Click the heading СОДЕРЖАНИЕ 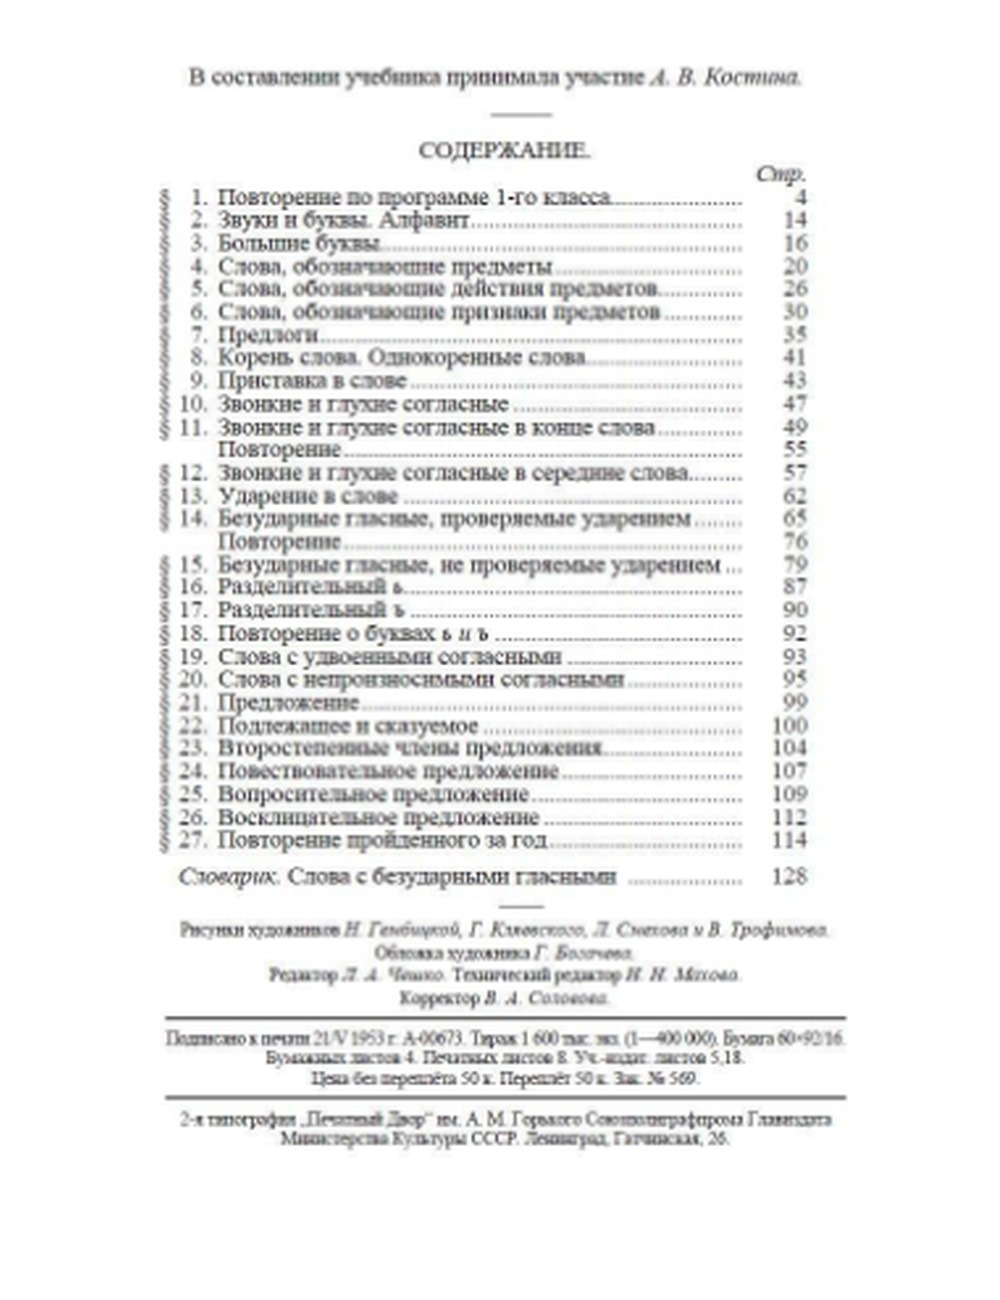pyautogui.click(x=504, y=150)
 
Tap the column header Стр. pyautogui.click(x=781, y=174)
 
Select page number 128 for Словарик pyautogui.click(x=789, y=877)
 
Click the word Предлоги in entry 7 pyautogui.click(x=267, y=335)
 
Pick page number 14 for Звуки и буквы pyautogui.click(x=795, y=220)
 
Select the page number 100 pyautogui.click(x=789, y=725)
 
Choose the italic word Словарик pyautogui.click(x=228, y=877)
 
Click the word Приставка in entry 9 pyautogui.click(x=270, y=381)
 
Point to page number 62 pyautogui.click(x=795, y=496)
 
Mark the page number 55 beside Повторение pyautogui.click(x=795, y=450)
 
